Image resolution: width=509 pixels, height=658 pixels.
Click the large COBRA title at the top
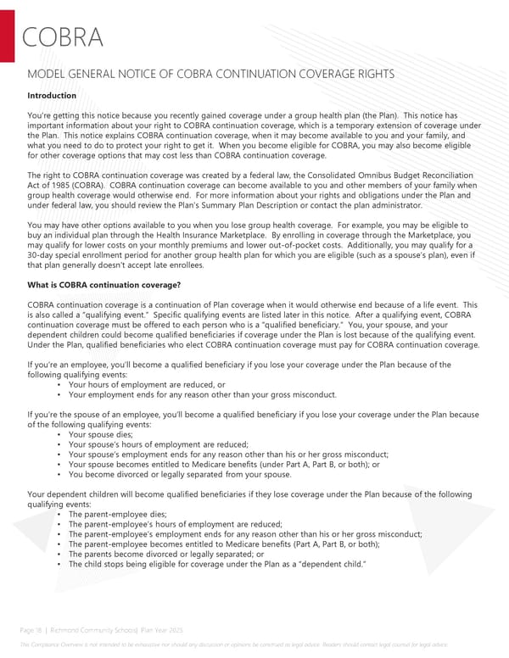[63, 38]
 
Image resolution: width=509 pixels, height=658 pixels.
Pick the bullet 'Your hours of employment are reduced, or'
[147, 384]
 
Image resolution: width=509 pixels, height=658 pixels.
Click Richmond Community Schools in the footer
[95, 632]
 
